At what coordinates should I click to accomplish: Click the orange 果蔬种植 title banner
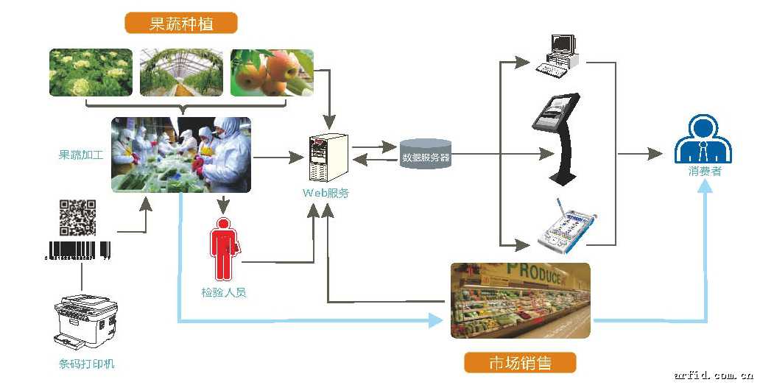[x=180, y=24]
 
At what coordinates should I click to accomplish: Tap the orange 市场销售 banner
[x=520, y=362]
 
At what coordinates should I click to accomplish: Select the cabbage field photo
[x=91, y=73]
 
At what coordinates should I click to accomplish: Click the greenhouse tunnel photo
[x=182, y=73]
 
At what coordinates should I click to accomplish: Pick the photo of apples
[x=272, y=73]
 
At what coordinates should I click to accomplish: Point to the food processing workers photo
[x=181, y=155]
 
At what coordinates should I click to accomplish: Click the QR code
[x=77, y=217]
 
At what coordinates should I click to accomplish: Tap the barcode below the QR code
[x=77, y=250]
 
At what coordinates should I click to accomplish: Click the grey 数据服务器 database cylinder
[x=426, y=155]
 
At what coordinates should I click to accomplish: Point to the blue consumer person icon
[x=705, y=141]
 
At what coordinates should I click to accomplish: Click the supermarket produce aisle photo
[x=520, y=300]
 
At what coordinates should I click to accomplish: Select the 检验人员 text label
[x=223, y=292]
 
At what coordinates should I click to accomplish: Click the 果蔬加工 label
[x=81, y=155]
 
